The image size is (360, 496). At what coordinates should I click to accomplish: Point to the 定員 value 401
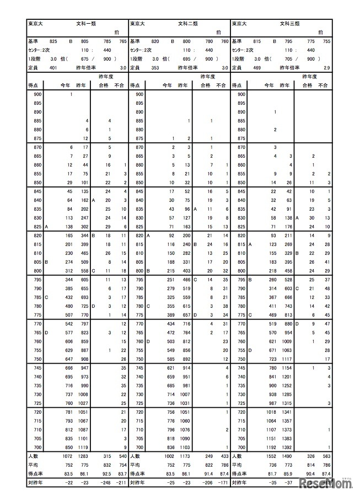[53, 67]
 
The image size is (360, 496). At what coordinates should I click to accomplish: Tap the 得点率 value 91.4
[208, 473]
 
